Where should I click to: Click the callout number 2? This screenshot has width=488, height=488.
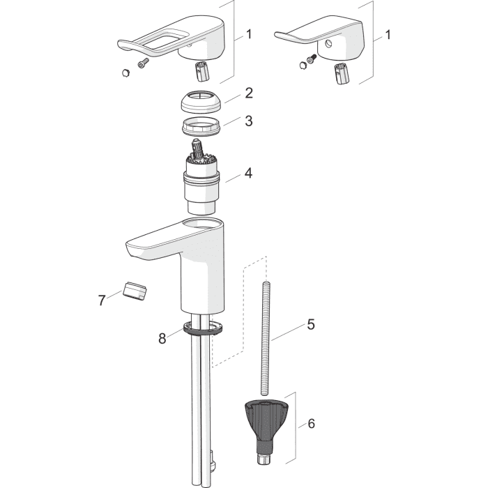click(x=249, y=93)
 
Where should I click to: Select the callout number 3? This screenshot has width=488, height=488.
click(x=248, y=121)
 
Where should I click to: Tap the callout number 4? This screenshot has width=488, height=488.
click(x=248, y=173)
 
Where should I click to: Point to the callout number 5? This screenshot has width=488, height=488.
click(x=311, y=324)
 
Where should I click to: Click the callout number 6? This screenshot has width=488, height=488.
click(x=311, y=423)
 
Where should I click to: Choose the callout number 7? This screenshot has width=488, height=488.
click(x=102, y=300)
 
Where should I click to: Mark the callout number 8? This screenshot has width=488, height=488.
click(x=162, y=338)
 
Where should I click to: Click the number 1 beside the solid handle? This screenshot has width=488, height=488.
click(x=388, y=35)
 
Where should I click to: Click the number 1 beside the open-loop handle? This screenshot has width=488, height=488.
click(x=249, y=34)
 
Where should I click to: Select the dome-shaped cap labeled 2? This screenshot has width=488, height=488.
click(x=201, y=102)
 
